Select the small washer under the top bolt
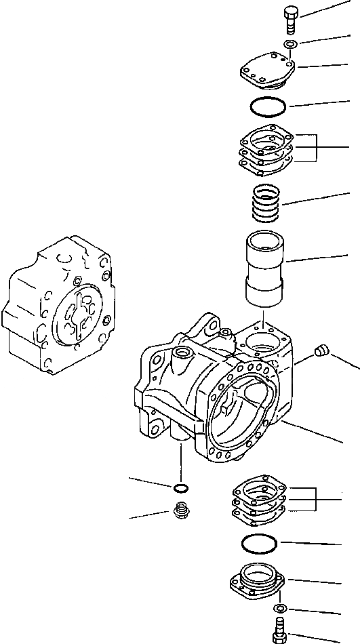290,45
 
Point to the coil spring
267,202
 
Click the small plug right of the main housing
322,350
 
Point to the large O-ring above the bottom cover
260,543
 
